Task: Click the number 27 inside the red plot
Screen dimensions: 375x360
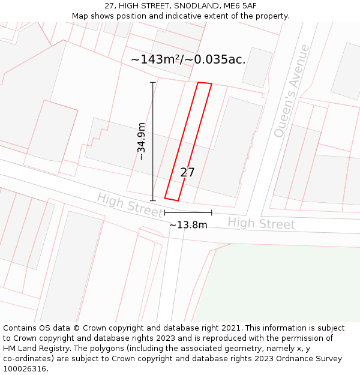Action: (x=187, y=173)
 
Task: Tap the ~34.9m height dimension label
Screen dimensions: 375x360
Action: (x=142, y=141)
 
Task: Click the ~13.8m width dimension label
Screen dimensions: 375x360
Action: (x=188, y=225)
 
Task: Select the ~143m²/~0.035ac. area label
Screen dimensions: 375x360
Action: (x=188, y=59)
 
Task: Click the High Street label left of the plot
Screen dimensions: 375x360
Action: (x=130, y=205)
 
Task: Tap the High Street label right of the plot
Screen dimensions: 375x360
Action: (x=261, y=224)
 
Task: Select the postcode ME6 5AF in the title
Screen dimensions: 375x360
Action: (x=240, y=5)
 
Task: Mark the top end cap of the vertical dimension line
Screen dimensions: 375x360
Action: (x=152, y=82)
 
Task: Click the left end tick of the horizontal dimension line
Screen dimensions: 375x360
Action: (x=164, y=212)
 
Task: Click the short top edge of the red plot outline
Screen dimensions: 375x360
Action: (x=205, y=83)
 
